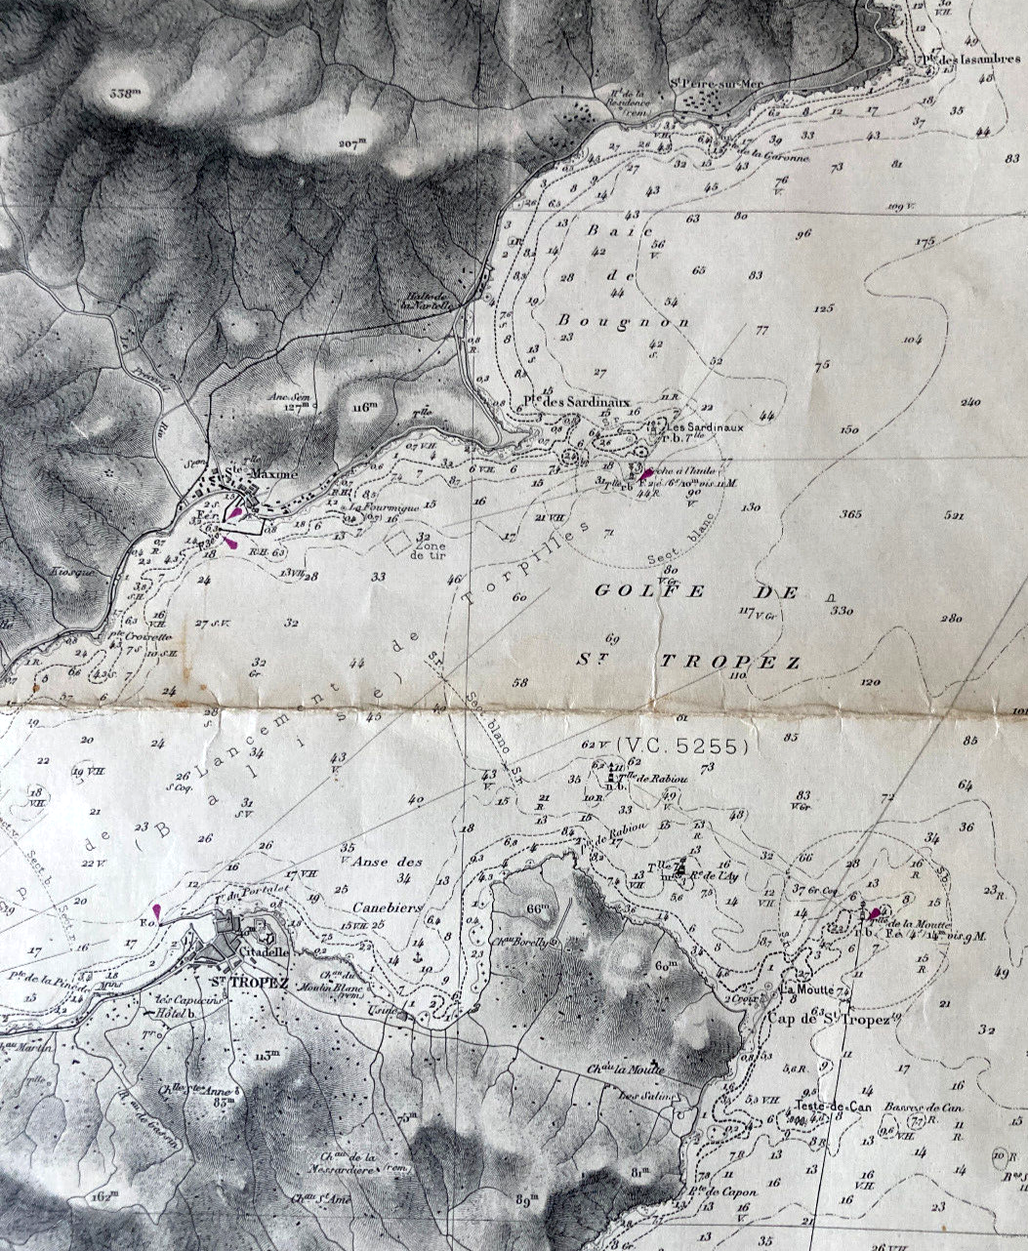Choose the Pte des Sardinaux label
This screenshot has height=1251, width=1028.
pyautogui.click(x=576, y=401)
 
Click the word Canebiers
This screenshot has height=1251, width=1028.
pyautogui.click(x=386, y=907)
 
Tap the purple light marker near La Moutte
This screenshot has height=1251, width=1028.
pyautogui.click(x=873, y=914)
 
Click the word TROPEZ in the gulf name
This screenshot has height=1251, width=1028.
pyautogui.click(x=731, y=662)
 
